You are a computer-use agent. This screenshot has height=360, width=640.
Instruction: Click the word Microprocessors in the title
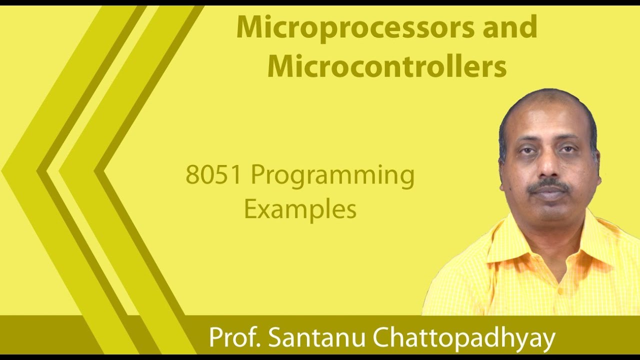(355, 27)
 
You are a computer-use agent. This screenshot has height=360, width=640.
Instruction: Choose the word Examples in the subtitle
(300, 209)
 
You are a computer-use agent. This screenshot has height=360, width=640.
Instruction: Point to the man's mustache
(549, 186)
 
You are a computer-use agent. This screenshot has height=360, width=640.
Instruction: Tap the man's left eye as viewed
(526, 150)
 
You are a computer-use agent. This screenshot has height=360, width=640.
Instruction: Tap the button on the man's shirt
(560, 290)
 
